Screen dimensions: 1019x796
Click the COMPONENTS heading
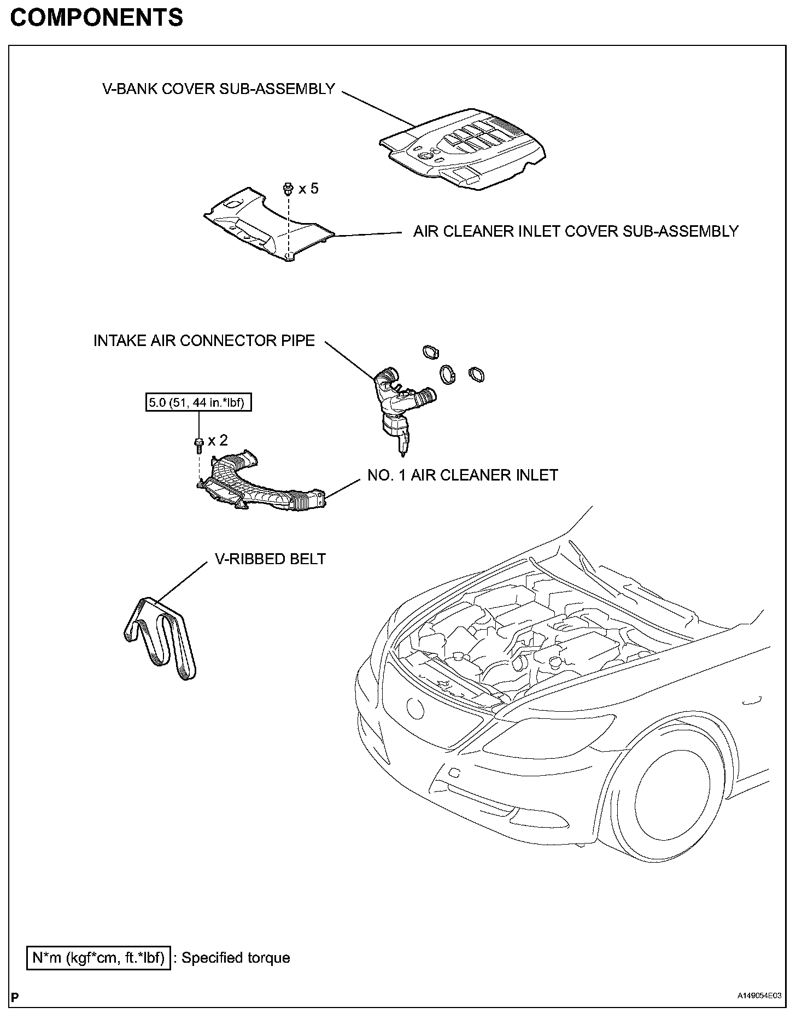pos(97,18)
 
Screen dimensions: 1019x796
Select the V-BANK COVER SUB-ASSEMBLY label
pos(219,89)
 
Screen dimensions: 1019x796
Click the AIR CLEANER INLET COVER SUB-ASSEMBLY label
pos(576,231)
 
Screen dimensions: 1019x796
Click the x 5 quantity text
pos(308,189)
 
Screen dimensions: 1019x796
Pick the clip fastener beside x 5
pos(287,189)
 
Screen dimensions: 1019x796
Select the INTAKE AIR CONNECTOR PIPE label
pos(204,341)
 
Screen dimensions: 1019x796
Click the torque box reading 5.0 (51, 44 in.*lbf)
pos(198,403)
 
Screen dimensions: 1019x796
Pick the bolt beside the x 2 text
pos(198,444)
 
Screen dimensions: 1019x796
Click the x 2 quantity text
pos(218,441)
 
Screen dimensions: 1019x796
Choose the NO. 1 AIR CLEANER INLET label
pos(463,475)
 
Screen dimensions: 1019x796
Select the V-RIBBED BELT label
pos(270,559)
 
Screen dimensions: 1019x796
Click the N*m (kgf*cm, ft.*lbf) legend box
pos(98,958)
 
